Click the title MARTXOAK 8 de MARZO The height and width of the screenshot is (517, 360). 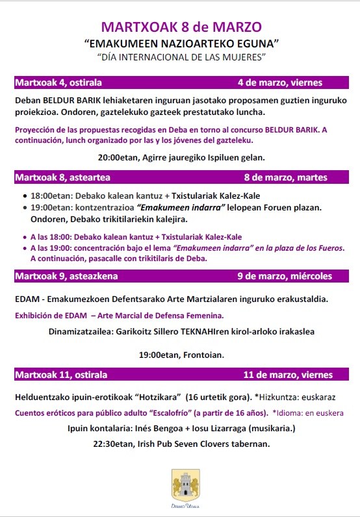(x=181, y=27)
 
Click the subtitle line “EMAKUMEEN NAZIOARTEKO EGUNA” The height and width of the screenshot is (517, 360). (x=181, y=44)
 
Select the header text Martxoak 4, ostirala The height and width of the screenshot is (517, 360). (x=58, y=82)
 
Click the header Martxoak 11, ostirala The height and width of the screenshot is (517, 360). (x=61, y=375)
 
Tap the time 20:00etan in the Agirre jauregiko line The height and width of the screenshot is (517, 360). (x=118, y=157)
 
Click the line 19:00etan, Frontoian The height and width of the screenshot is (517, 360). (x=181, y=355)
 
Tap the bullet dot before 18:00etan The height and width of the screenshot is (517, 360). (x=25, y=195)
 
